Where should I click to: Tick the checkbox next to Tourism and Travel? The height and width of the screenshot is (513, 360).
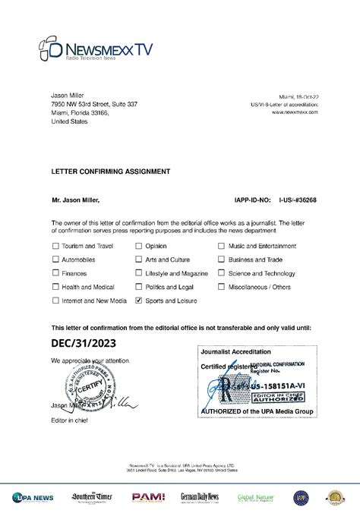pos(55,246)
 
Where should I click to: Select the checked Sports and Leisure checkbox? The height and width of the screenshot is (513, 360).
pos(138,301)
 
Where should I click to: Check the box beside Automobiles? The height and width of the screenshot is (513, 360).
pos(55,260)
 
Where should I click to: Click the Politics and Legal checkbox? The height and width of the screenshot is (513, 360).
pos(138,287)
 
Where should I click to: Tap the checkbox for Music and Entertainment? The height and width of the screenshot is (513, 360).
pos(222,246)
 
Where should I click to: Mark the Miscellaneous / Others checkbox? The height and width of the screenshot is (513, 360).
pos(222,287)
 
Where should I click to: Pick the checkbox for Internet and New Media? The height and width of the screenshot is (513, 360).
pos(55,301)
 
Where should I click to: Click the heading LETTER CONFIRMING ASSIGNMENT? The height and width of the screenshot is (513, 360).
pos(110,172)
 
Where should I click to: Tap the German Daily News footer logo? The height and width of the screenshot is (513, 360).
pos(199,497)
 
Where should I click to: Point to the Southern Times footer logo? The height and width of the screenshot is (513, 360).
pos(92,497)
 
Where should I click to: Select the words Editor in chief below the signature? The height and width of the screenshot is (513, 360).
pos(70,420)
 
